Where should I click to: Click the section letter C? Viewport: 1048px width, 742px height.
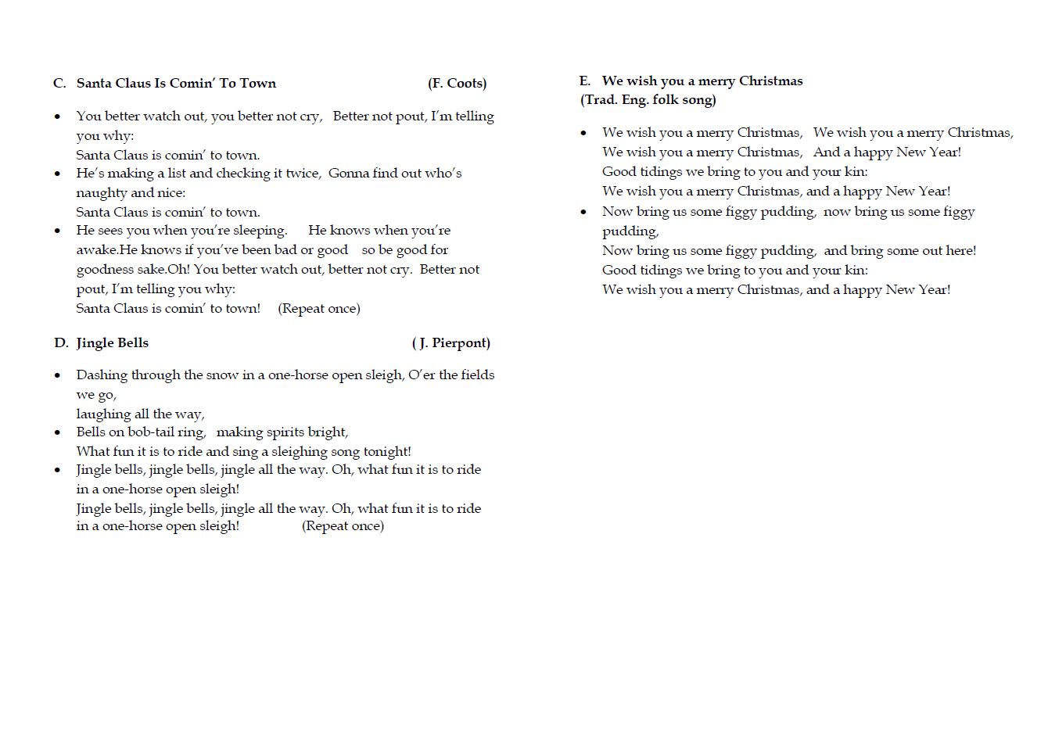tap(59, 84)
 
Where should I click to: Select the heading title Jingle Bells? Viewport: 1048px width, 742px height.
tap(112, 342)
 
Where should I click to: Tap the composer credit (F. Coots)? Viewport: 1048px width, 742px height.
tap(457, 84)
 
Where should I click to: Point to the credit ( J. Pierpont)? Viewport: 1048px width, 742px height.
tap(451, 342)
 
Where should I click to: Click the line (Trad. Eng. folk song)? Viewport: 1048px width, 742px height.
tap(648, 100)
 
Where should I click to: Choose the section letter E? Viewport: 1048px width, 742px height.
tap(584, 81)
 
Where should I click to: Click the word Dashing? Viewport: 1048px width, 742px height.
tap(102, 375)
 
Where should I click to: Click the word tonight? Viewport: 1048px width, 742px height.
tap(387, 452)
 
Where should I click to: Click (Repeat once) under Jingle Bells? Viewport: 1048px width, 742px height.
tap(343, 526)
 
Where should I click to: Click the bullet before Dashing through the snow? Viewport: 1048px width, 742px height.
tap(58, 376)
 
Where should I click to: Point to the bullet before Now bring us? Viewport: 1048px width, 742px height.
tap(583, 212)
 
